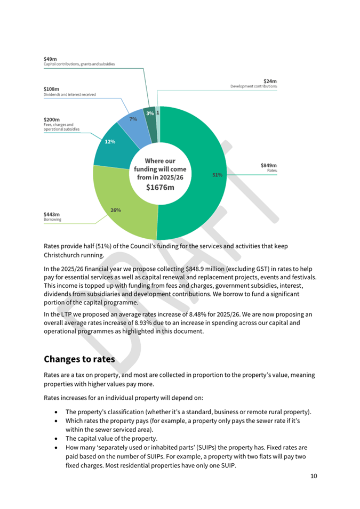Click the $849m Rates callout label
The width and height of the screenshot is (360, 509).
click(x=268, y=167)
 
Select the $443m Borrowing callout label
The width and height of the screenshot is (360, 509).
click(x=52, y=216)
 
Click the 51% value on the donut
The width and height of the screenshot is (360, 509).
click(x=217, y=175)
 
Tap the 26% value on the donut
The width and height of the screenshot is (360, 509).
click(x=115, y=210)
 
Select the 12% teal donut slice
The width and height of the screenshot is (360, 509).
click(x=110, y=142)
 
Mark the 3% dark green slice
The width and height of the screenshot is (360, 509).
click(x=150, y=113)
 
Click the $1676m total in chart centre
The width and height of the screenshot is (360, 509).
click(x=161, y=188)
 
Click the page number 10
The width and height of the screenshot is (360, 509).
click(x=314, y=476)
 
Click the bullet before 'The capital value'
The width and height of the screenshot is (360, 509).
click(x=58, y=439)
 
